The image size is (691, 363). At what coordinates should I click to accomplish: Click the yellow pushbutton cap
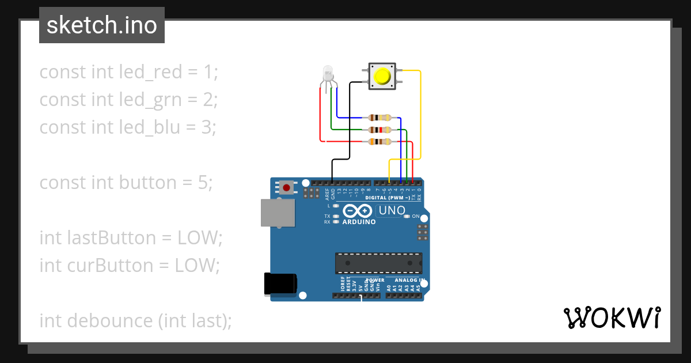tap(381, 77)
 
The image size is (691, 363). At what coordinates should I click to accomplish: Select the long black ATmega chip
tap(378, 263)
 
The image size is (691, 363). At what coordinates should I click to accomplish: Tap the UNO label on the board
tap(392, 211)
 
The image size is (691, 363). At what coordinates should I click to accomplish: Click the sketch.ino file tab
tap(102, 25)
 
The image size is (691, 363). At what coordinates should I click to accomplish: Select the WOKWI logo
tap(612, 317)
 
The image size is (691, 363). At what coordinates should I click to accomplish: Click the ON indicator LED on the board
tap(407, 217)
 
